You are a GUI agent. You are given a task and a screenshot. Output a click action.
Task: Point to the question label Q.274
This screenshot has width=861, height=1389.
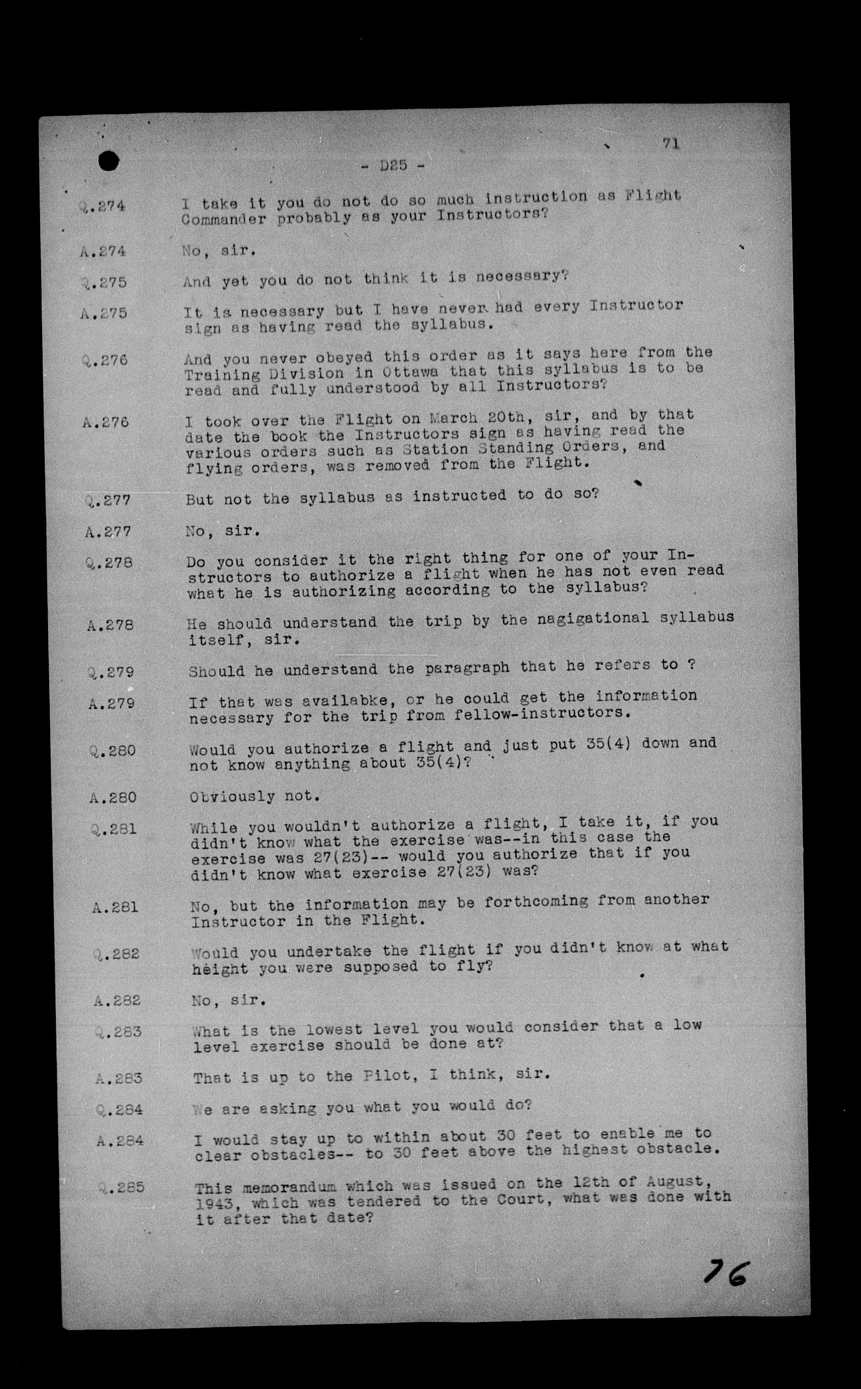tap(103, 206)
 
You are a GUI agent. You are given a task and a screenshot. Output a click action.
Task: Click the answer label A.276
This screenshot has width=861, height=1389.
tap(106, 422)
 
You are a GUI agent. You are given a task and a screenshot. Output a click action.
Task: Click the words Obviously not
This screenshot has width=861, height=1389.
tap(254, 796)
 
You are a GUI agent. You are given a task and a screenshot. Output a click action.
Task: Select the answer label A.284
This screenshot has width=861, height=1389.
tap(120, 1141)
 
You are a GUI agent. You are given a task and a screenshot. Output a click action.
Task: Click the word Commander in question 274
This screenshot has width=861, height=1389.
tap(224, 219)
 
